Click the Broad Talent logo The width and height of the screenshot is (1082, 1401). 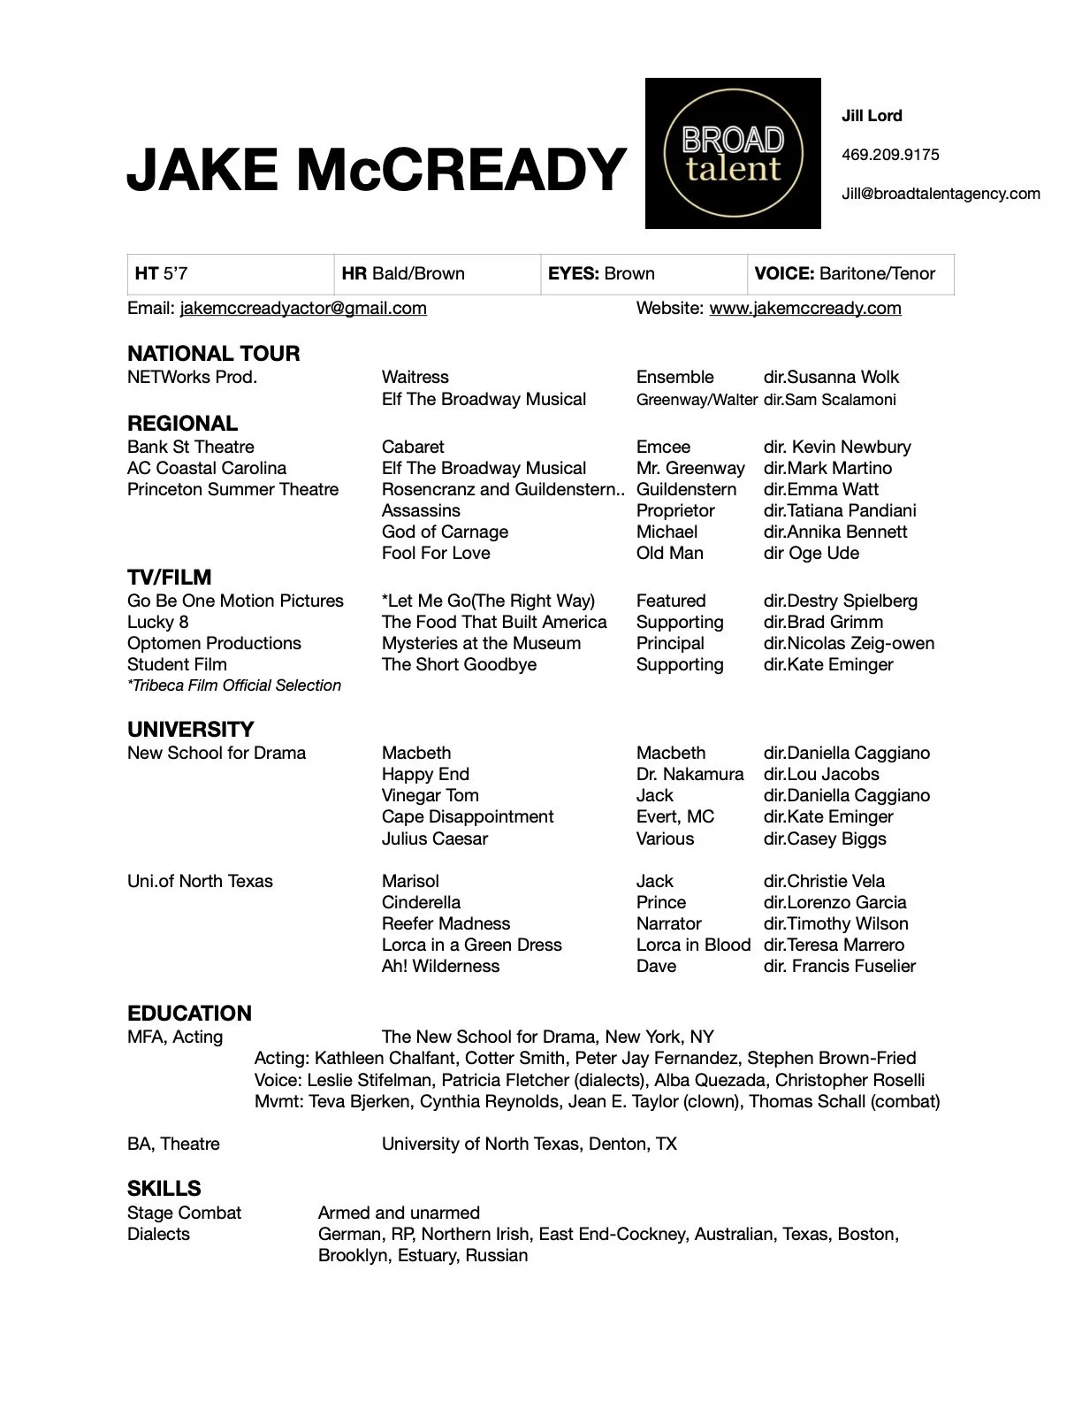coord(732,154)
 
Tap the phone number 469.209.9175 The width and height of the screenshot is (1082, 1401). coord(890,155)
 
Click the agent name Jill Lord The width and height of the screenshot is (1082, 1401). coord(872,116)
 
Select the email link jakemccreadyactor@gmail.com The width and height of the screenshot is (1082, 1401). coord(303,308)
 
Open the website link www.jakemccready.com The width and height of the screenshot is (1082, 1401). coord(804,308)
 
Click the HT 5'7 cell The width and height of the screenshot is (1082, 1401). coord(230,273)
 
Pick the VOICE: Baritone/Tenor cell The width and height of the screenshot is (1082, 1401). coord(850,273)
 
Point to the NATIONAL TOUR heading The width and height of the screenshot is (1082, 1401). coord(213,353)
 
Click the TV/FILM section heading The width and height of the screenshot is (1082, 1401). coord(169,578)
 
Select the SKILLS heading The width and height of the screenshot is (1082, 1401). coord(164,1188)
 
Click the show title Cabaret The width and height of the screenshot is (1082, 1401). coord(413,447)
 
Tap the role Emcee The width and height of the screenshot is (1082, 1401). coord(663,447)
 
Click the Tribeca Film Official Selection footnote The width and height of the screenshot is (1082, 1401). coord(234,685)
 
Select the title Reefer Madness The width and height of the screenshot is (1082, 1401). coord(446,923)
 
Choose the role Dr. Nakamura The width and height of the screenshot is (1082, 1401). coord(690,774)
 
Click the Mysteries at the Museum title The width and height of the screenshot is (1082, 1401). coord(481,643)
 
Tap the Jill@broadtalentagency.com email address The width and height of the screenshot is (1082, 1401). coord(941,194)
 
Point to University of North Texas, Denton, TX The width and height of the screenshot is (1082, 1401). coord(529,1144)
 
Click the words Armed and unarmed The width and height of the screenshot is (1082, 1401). coord(399,1213)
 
